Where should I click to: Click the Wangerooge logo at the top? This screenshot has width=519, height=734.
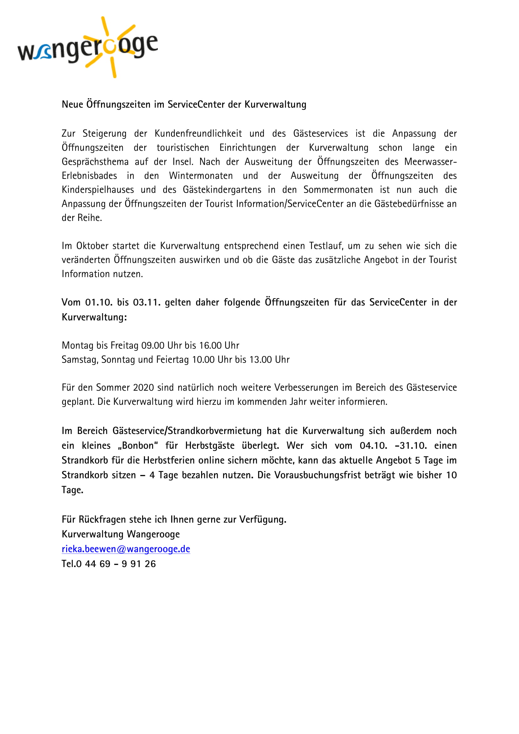[x=88, y=47]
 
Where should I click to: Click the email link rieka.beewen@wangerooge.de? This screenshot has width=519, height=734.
[x=126, y=549]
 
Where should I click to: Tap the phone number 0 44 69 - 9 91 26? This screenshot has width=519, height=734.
[x=116, y=564]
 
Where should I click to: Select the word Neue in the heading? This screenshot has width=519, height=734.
[x=72, y=104]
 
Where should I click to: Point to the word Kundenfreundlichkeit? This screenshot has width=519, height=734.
[x=198, y=133]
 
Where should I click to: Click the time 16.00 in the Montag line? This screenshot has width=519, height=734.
[x=210, y=345]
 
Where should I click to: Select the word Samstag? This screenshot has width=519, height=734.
[x=80, y=360]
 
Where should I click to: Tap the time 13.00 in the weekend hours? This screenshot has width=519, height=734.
[x=260, y=360]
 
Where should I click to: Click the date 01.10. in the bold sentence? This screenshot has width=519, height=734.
[x=99, y=303]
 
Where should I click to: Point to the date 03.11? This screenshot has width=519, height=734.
[x=147, y=303]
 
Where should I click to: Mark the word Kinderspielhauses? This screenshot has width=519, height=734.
[x=98, y=190]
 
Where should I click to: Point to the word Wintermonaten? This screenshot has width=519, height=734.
[x=201, y=176]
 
